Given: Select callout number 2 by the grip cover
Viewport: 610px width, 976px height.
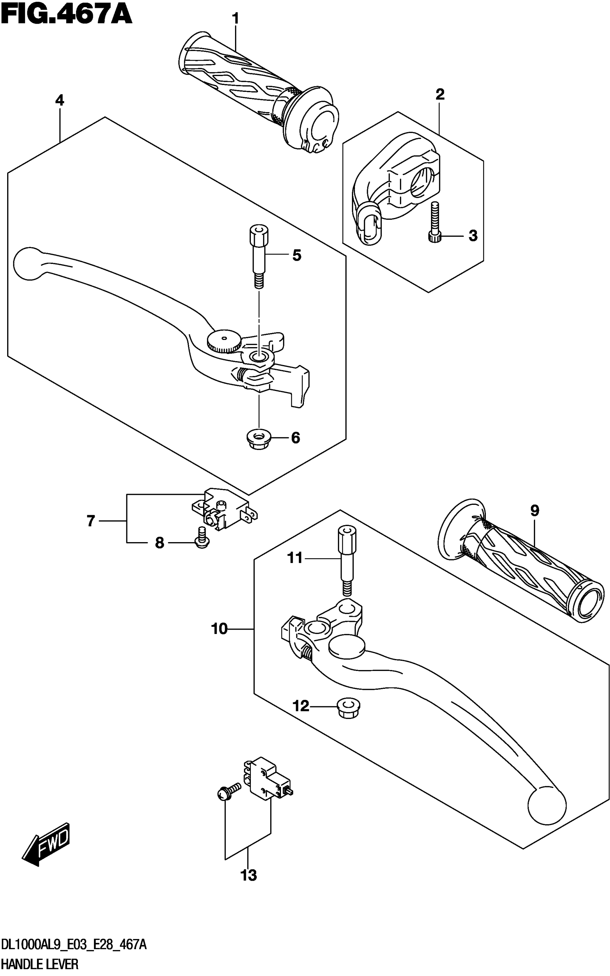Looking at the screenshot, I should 440,94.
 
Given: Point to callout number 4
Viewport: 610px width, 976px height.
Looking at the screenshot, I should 60,100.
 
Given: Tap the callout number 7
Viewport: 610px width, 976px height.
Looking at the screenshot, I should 91,521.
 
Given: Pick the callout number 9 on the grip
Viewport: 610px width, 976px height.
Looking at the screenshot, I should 534,511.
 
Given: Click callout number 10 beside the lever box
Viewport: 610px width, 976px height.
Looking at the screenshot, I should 219,629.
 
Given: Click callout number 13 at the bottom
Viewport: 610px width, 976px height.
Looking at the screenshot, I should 249,875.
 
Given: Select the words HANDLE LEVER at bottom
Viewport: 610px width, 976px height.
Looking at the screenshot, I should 40,965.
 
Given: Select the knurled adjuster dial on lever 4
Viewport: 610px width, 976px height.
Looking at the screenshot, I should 224,341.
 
